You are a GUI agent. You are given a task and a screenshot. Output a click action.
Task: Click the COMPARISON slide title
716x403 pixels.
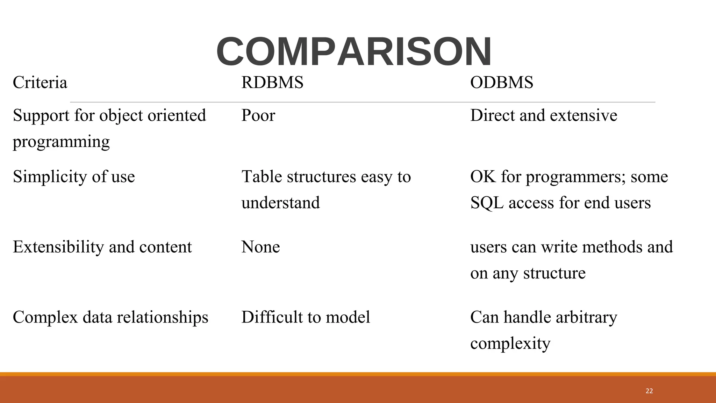354,52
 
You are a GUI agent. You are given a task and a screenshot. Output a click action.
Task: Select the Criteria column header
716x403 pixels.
40,83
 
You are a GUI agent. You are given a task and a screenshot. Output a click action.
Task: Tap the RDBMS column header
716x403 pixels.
272,83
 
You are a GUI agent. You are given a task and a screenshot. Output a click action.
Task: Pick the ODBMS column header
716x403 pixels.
501,83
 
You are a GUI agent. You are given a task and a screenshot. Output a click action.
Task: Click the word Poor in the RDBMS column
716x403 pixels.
258,115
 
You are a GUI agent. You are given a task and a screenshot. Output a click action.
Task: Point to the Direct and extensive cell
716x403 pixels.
543,115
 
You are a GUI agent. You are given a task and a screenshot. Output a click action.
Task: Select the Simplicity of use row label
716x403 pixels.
74,177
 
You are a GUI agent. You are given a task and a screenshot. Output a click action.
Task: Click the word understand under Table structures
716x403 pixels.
280,203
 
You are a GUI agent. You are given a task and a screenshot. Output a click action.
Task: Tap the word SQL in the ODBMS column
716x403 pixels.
487,203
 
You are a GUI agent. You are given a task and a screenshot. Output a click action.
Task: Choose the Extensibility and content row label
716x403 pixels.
102,247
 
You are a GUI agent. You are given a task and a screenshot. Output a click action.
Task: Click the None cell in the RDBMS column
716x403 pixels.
260,247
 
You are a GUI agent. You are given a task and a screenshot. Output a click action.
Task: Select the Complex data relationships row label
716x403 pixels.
110,317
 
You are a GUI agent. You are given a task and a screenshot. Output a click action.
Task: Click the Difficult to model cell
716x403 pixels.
306,317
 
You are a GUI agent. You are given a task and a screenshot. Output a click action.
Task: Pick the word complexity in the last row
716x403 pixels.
510,344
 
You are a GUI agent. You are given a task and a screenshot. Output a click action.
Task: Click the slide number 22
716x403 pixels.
649,391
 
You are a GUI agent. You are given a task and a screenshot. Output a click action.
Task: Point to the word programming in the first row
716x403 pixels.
61,142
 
